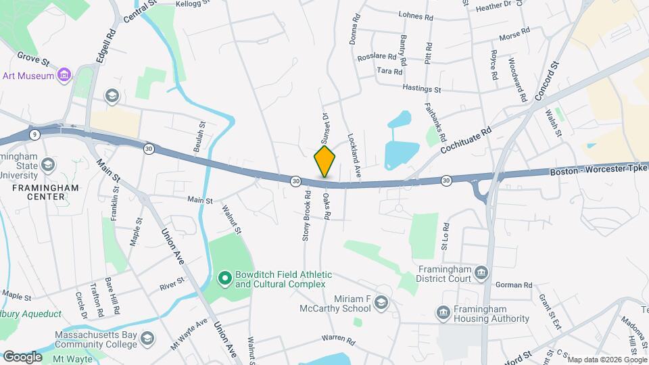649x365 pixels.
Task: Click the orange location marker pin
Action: [x=325, y=162]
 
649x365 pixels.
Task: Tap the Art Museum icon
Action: [x=64, y=75]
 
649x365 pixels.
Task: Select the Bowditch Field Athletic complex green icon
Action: [x=225, y=278]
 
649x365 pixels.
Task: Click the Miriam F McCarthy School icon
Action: [x=381, y=302]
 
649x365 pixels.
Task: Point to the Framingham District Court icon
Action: [x=481, y=272]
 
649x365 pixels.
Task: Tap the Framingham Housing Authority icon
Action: [x=443, y=312]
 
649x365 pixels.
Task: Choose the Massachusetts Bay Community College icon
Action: [x=148, y=337]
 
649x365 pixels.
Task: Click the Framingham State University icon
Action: [x=48, y=164]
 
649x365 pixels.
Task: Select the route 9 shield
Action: [x=34, y=135]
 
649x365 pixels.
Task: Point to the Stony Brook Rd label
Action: [x=307, y=216]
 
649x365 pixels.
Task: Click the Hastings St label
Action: [x=421, y=89]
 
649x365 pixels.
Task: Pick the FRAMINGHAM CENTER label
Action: [x=40, y=192]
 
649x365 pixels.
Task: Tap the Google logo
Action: [x=22, y=356]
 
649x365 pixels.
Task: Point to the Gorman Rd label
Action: [x=518, y=285]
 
